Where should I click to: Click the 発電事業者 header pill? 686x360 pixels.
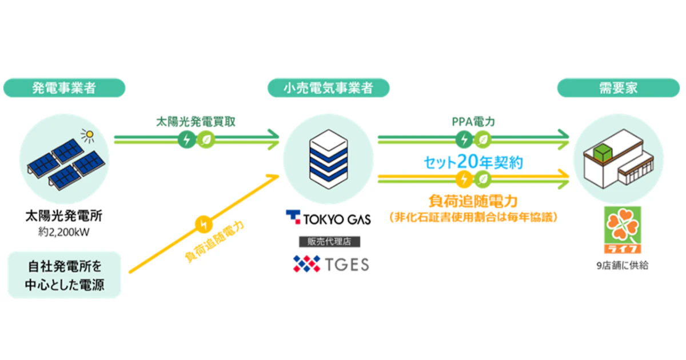point(64,88)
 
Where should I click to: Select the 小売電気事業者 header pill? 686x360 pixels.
point(328,88)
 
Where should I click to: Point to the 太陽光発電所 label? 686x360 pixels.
point(64,218)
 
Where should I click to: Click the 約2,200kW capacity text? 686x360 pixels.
point(64,233)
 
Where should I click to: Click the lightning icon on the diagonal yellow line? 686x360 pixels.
point(202,225)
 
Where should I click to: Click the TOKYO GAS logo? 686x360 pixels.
point(328,218)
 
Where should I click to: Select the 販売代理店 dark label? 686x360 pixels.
point(328,241)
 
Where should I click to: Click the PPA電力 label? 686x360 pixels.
point(473,122)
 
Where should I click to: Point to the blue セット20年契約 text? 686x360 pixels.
point(473,162)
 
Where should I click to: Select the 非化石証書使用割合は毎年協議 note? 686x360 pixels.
point(473,218)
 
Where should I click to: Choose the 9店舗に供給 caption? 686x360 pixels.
point(621,266)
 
